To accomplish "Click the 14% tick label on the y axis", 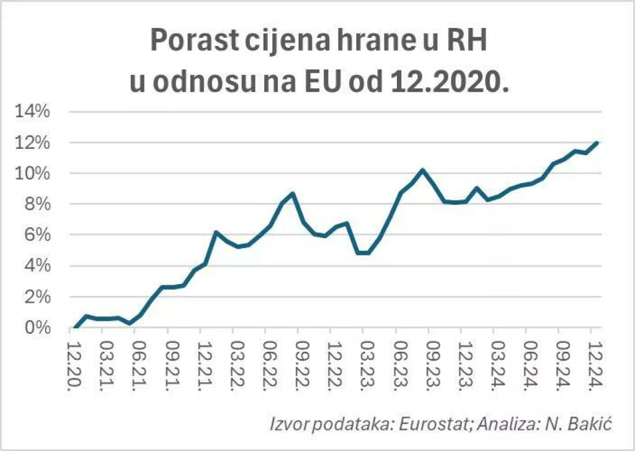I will (x=37, y=112).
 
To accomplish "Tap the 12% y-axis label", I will (x=37, y=143).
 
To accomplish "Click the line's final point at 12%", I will (x=597, y=143).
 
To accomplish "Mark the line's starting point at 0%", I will (x=76, y=327).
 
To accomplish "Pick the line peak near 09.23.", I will (x=422, y=170).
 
